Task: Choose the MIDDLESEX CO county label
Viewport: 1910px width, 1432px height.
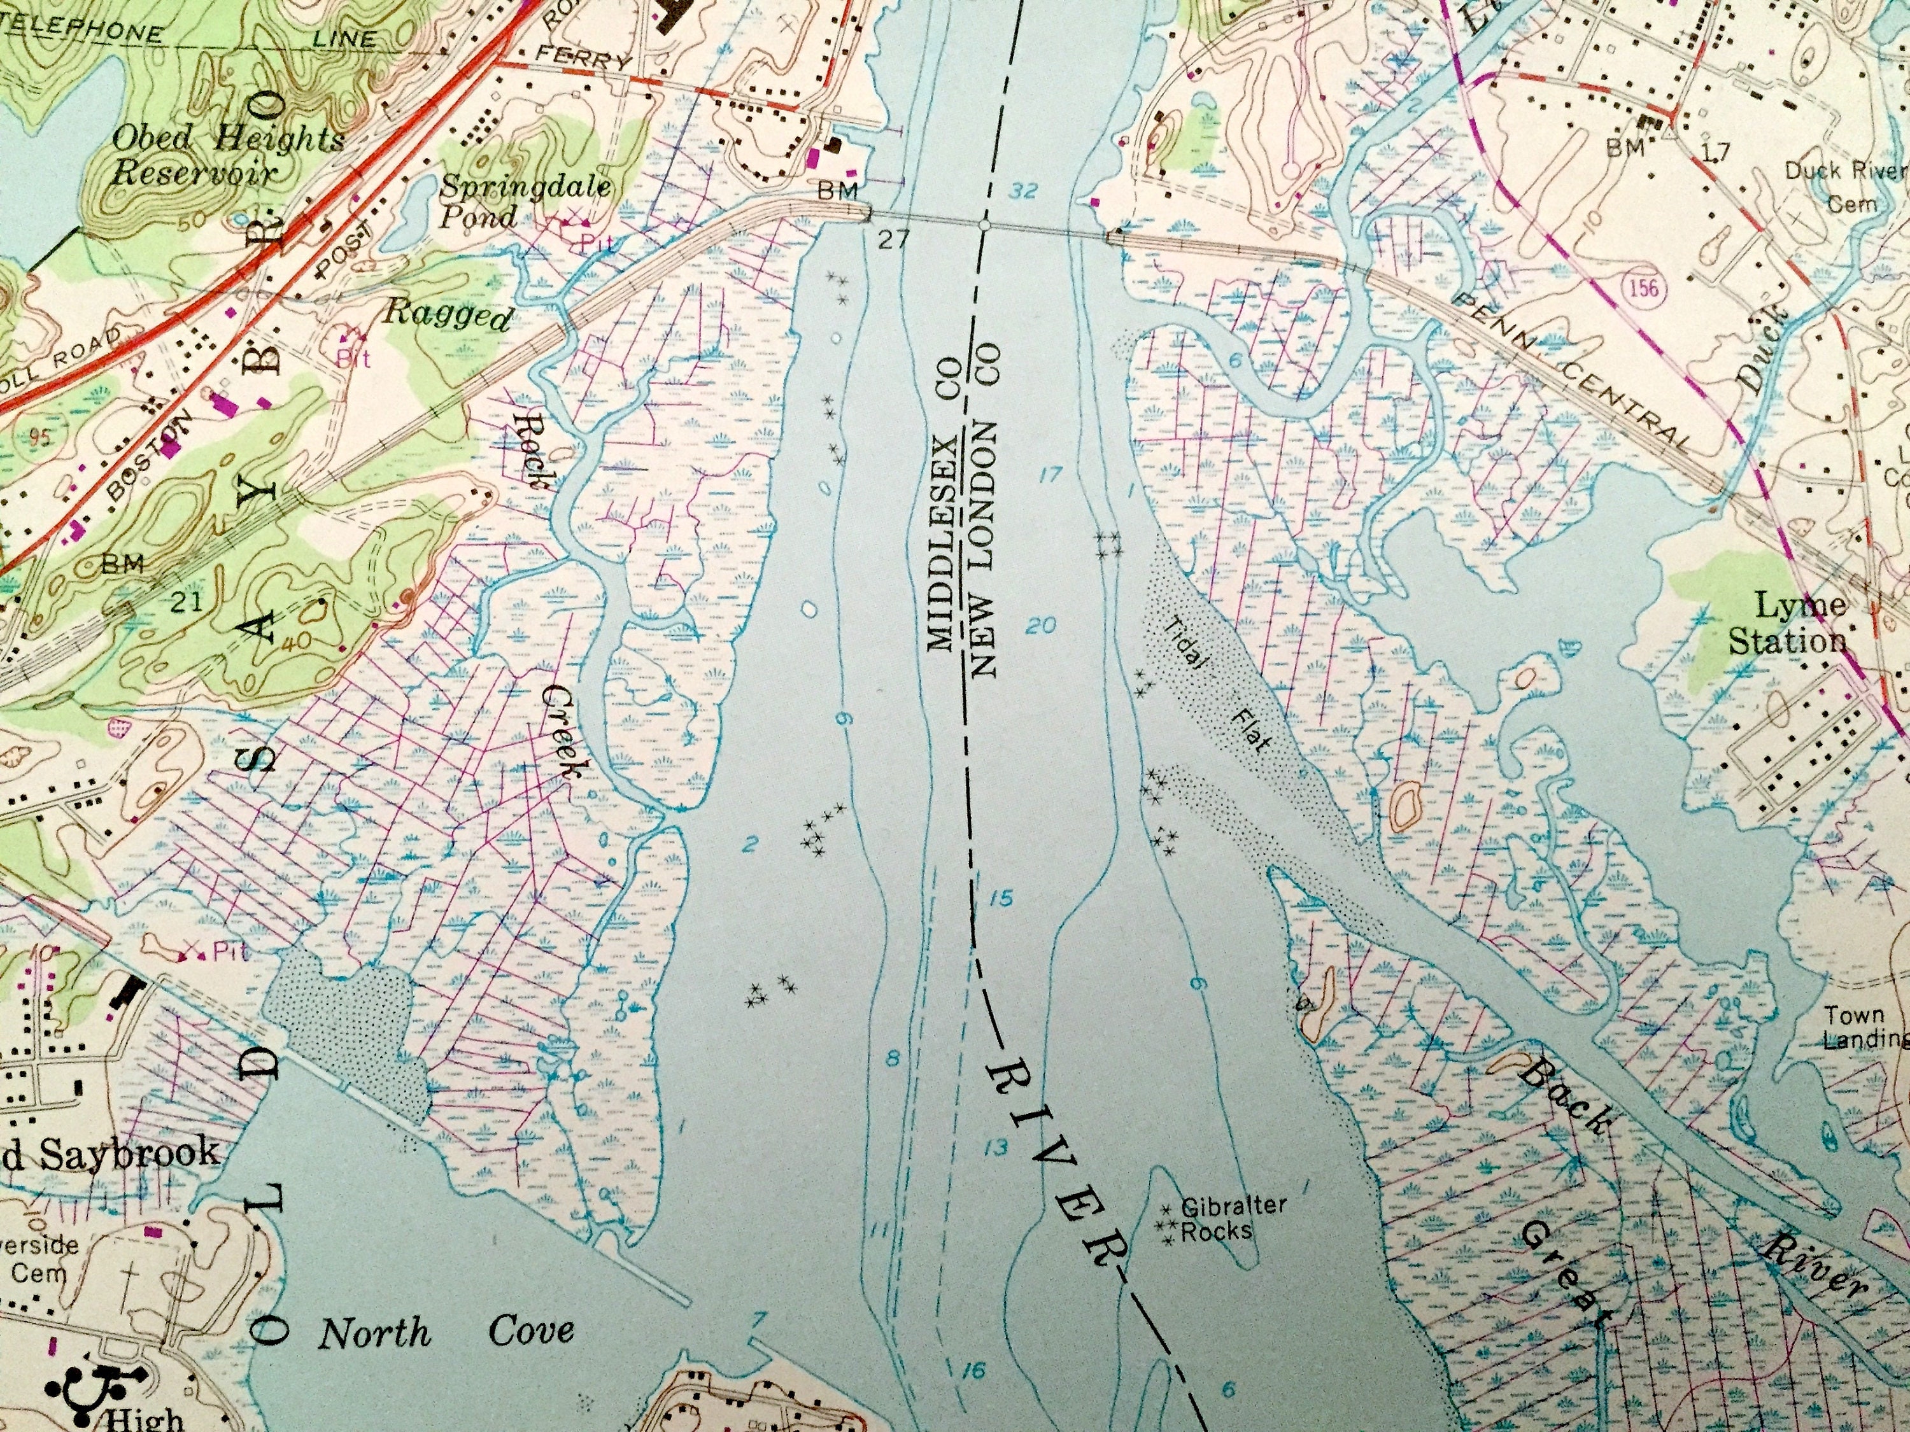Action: [942, 514]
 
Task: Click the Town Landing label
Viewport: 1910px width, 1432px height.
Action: [1865, 1027]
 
